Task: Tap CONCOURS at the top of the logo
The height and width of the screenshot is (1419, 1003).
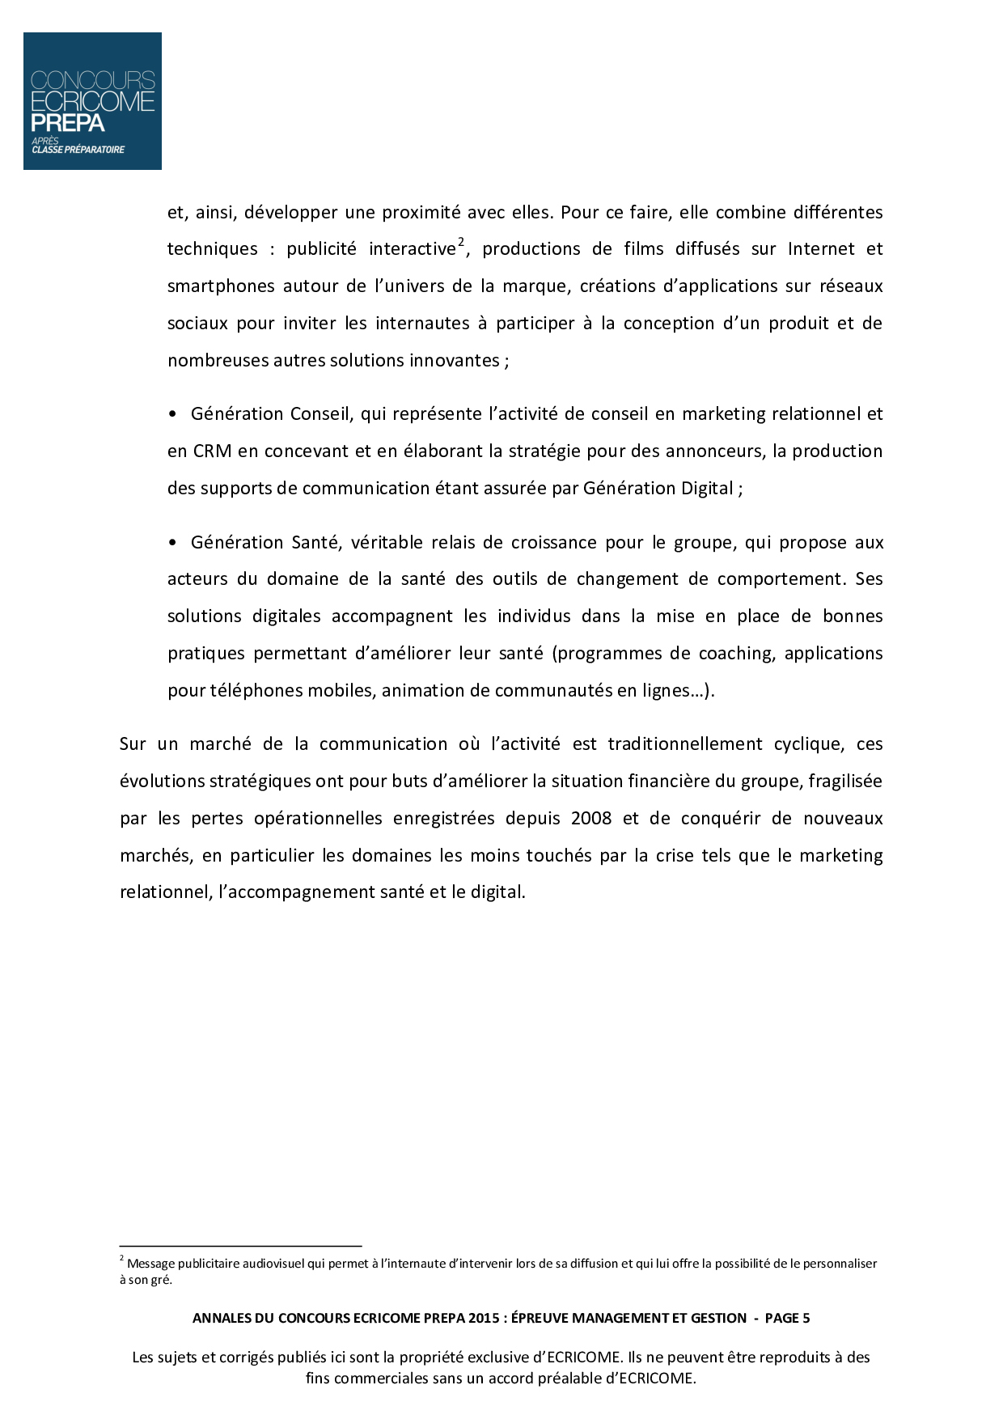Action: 92,80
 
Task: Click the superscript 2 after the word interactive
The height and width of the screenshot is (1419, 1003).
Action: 461,241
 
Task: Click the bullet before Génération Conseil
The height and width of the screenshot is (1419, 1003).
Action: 172,414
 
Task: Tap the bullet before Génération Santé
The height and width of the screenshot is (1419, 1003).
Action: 172,543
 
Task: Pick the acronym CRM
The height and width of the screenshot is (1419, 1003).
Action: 212,451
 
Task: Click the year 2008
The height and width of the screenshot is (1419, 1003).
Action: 591,819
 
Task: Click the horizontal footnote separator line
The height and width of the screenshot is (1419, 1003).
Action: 240,1247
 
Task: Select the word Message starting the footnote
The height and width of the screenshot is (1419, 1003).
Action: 150,1264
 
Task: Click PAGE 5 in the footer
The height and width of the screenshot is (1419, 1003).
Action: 787,1318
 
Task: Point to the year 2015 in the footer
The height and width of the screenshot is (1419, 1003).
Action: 483,1318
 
